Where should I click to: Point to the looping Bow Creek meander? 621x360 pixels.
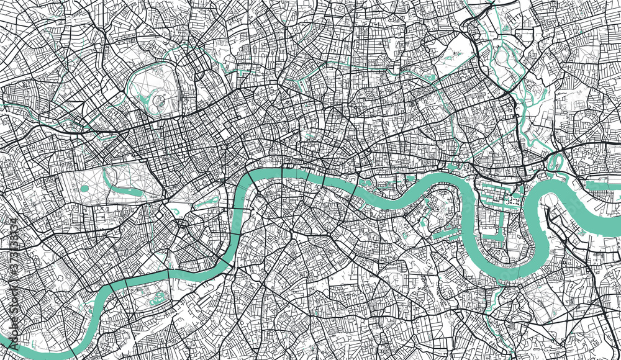[554, 162]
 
